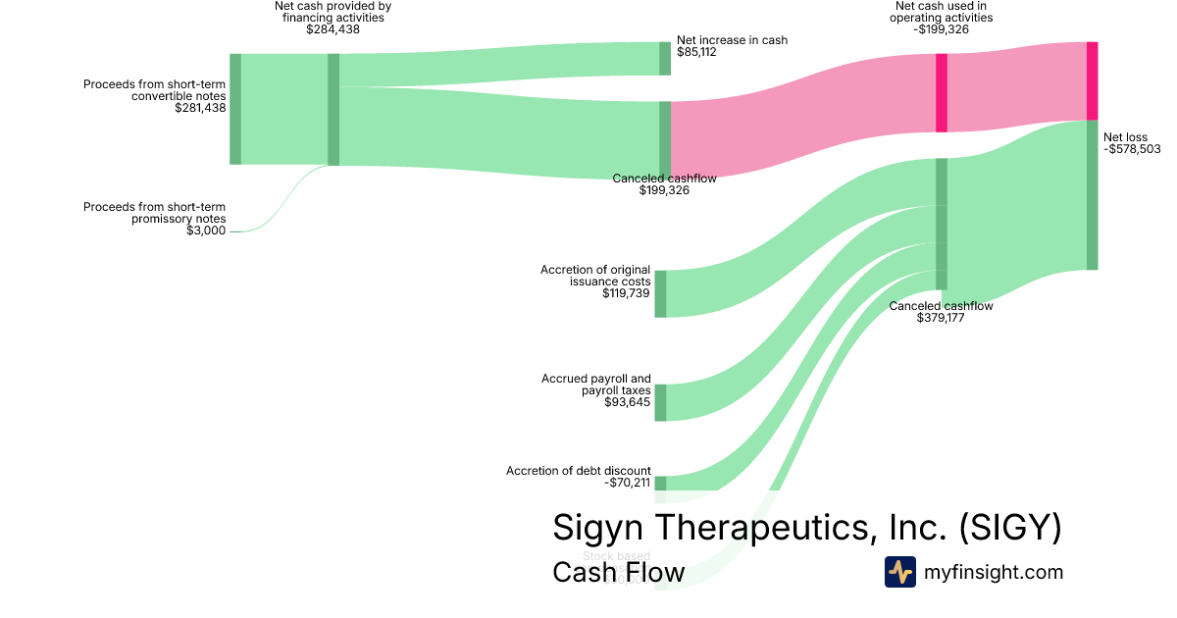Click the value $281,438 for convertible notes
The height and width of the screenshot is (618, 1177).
[200, 108]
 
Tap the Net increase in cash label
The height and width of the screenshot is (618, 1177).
[732, 40]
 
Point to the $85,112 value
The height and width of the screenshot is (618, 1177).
[696, 52]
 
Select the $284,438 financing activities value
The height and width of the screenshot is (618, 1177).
[333, 29]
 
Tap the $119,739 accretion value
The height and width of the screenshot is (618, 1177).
[626, 293]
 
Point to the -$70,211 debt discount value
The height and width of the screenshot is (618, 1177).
[626, 483]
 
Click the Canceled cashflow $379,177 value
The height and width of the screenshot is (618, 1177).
[941, 318]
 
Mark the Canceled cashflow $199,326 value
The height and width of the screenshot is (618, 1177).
[664, 190]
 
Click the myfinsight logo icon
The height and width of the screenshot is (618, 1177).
[899, 572]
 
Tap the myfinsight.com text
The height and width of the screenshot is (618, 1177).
[994, 572]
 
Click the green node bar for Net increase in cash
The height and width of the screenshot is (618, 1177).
[664, 58]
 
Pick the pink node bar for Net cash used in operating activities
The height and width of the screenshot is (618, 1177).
[942, 92]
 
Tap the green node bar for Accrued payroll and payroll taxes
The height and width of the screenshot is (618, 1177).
[660, 402]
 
